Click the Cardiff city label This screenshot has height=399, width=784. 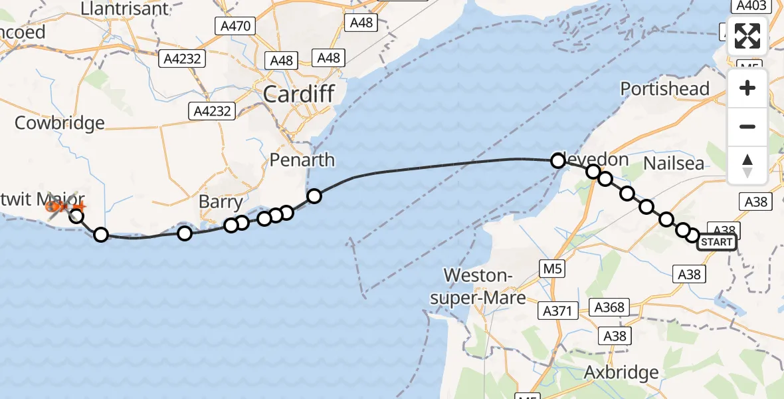298,94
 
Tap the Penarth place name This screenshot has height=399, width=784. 302,160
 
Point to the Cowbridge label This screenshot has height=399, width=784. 60,123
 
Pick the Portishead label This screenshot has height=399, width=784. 665,89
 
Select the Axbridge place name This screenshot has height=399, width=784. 621,372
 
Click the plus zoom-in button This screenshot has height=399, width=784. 747,88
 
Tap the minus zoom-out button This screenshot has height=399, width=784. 747,126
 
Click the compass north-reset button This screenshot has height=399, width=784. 747,165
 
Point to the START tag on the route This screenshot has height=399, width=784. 716,242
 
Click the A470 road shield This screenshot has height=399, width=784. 236,27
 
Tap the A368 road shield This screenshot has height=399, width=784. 609,307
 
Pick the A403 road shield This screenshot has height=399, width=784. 750,6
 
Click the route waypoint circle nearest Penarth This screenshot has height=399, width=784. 314,196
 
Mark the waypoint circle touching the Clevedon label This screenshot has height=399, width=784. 558,160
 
